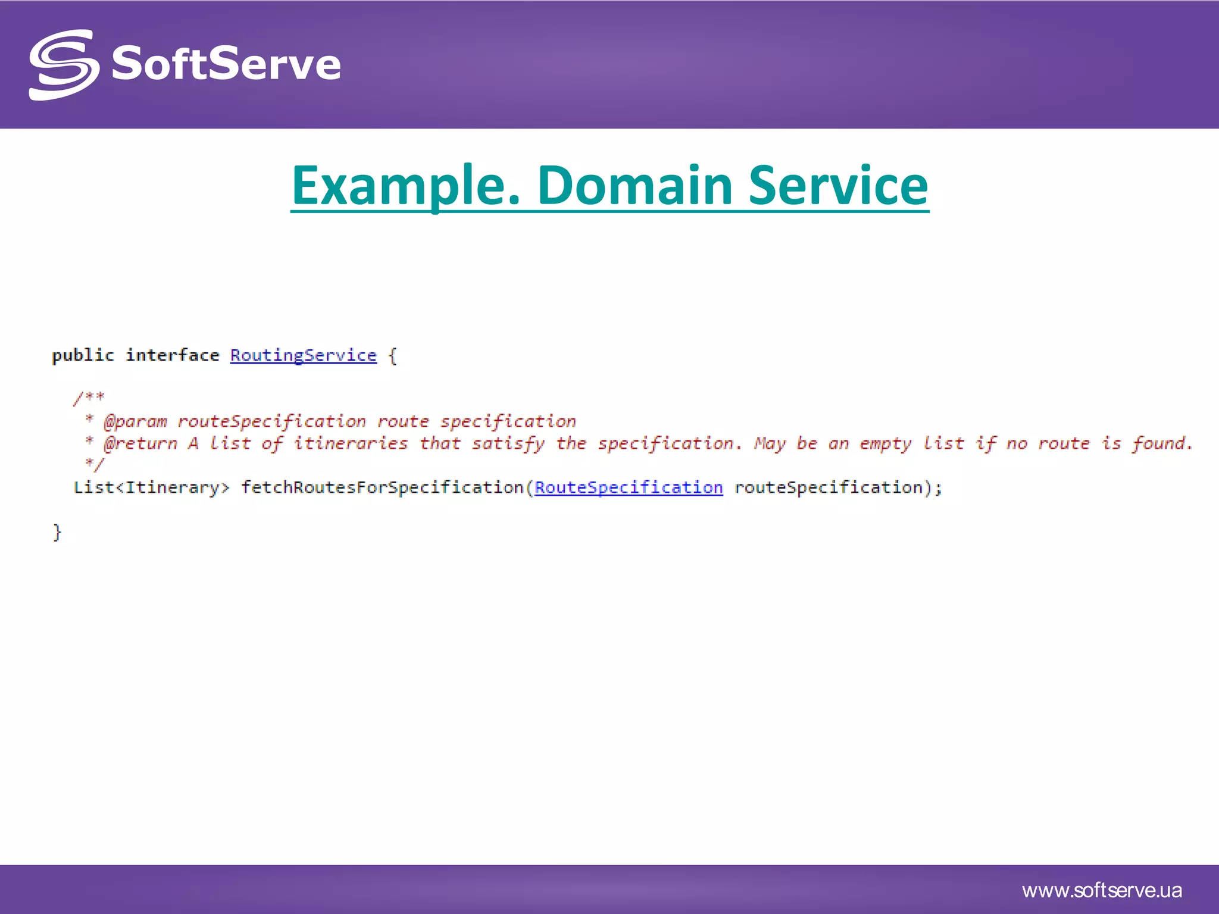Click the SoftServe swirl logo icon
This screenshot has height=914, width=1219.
(x=63, y=65)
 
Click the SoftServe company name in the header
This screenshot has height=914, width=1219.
(x=226, y=64)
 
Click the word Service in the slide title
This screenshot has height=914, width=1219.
(x=837, y=186)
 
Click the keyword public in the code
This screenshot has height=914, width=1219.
(x=83, y=355)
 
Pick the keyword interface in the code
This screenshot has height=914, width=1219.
(x=173, y=355)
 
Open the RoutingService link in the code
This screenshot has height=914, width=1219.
(x=304, y=355)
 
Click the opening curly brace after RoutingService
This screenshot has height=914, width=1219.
(x=392, y=356)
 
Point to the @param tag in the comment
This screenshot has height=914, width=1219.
(x=135, y=422)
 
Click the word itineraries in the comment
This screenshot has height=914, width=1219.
(x=351, y=444)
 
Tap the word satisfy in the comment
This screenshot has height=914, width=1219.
(x=508, y=444)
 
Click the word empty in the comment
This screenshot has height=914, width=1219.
(x=885, y=444)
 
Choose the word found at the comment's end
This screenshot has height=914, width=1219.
(x=1161, y=444)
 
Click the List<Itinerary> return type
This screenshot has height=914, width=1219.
(x=151, y=488)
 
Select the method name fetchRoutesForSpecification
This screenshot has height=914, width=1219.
(x=382, y=488)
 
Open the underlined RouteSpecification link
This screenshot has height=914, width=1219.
(x=629, y=488)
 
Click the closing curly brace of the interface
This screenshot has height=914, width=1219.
(x=57, y=532)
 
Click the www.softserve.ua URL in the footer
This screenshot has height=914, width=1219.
(x=1102, y=891)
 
